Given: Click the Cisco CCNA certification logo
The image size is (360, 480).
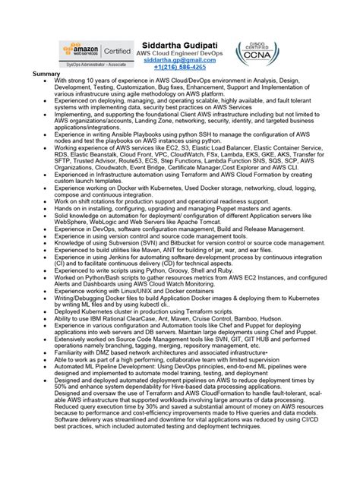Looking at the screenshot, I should point(257,53).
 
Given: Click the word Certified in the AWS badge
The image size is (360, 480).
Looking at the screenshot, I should point(112,51).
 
